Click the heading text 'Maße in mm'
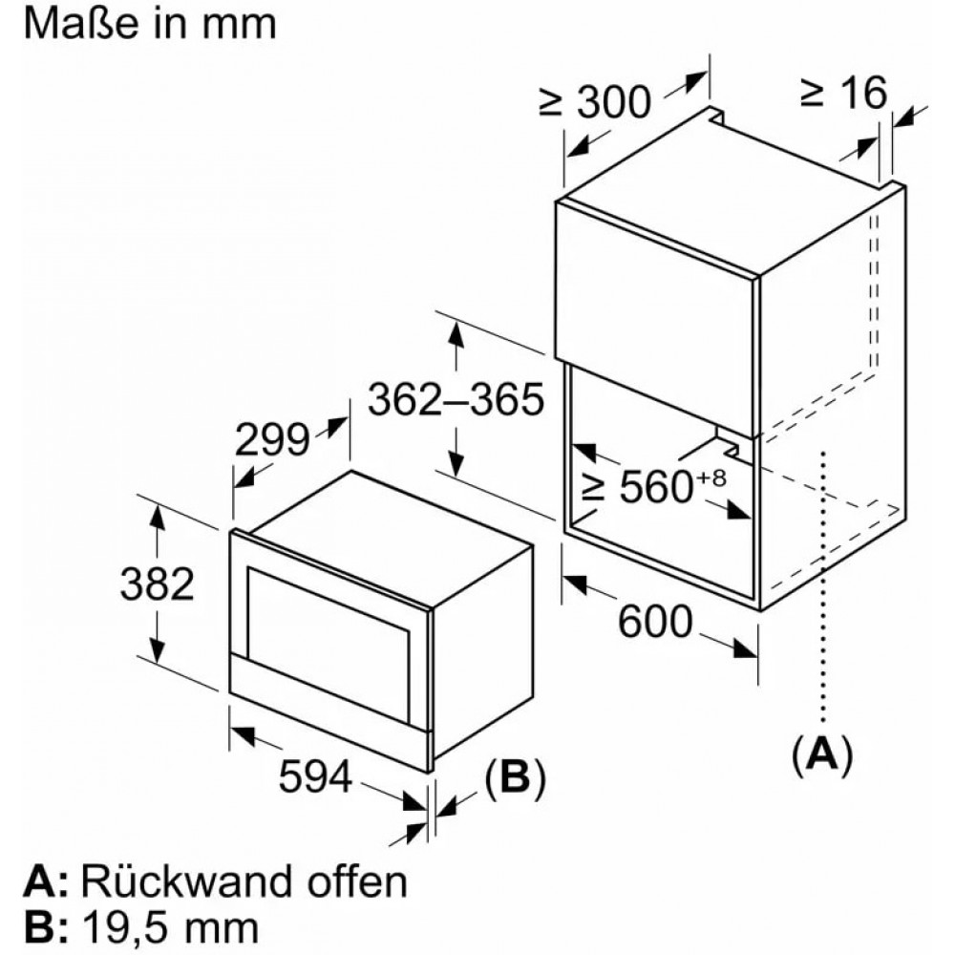[x=150, y=25]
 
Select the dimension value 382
[x=158, y=584]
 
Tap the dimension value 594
[x=315, y=776]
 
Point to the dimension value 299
[x=272, y=439]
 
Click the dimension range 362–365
[x=456, y=399]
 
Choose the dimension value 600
[x=655, y=622]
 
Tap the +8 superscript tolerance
[x=711, y=478]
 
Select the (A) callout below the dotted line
[x=822, y=754]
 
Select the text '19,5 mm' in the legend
[x=170, y=928]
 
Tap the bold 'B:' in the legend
[x=46, y=928]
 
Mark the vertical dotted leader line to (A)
[x=823, y=587]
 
